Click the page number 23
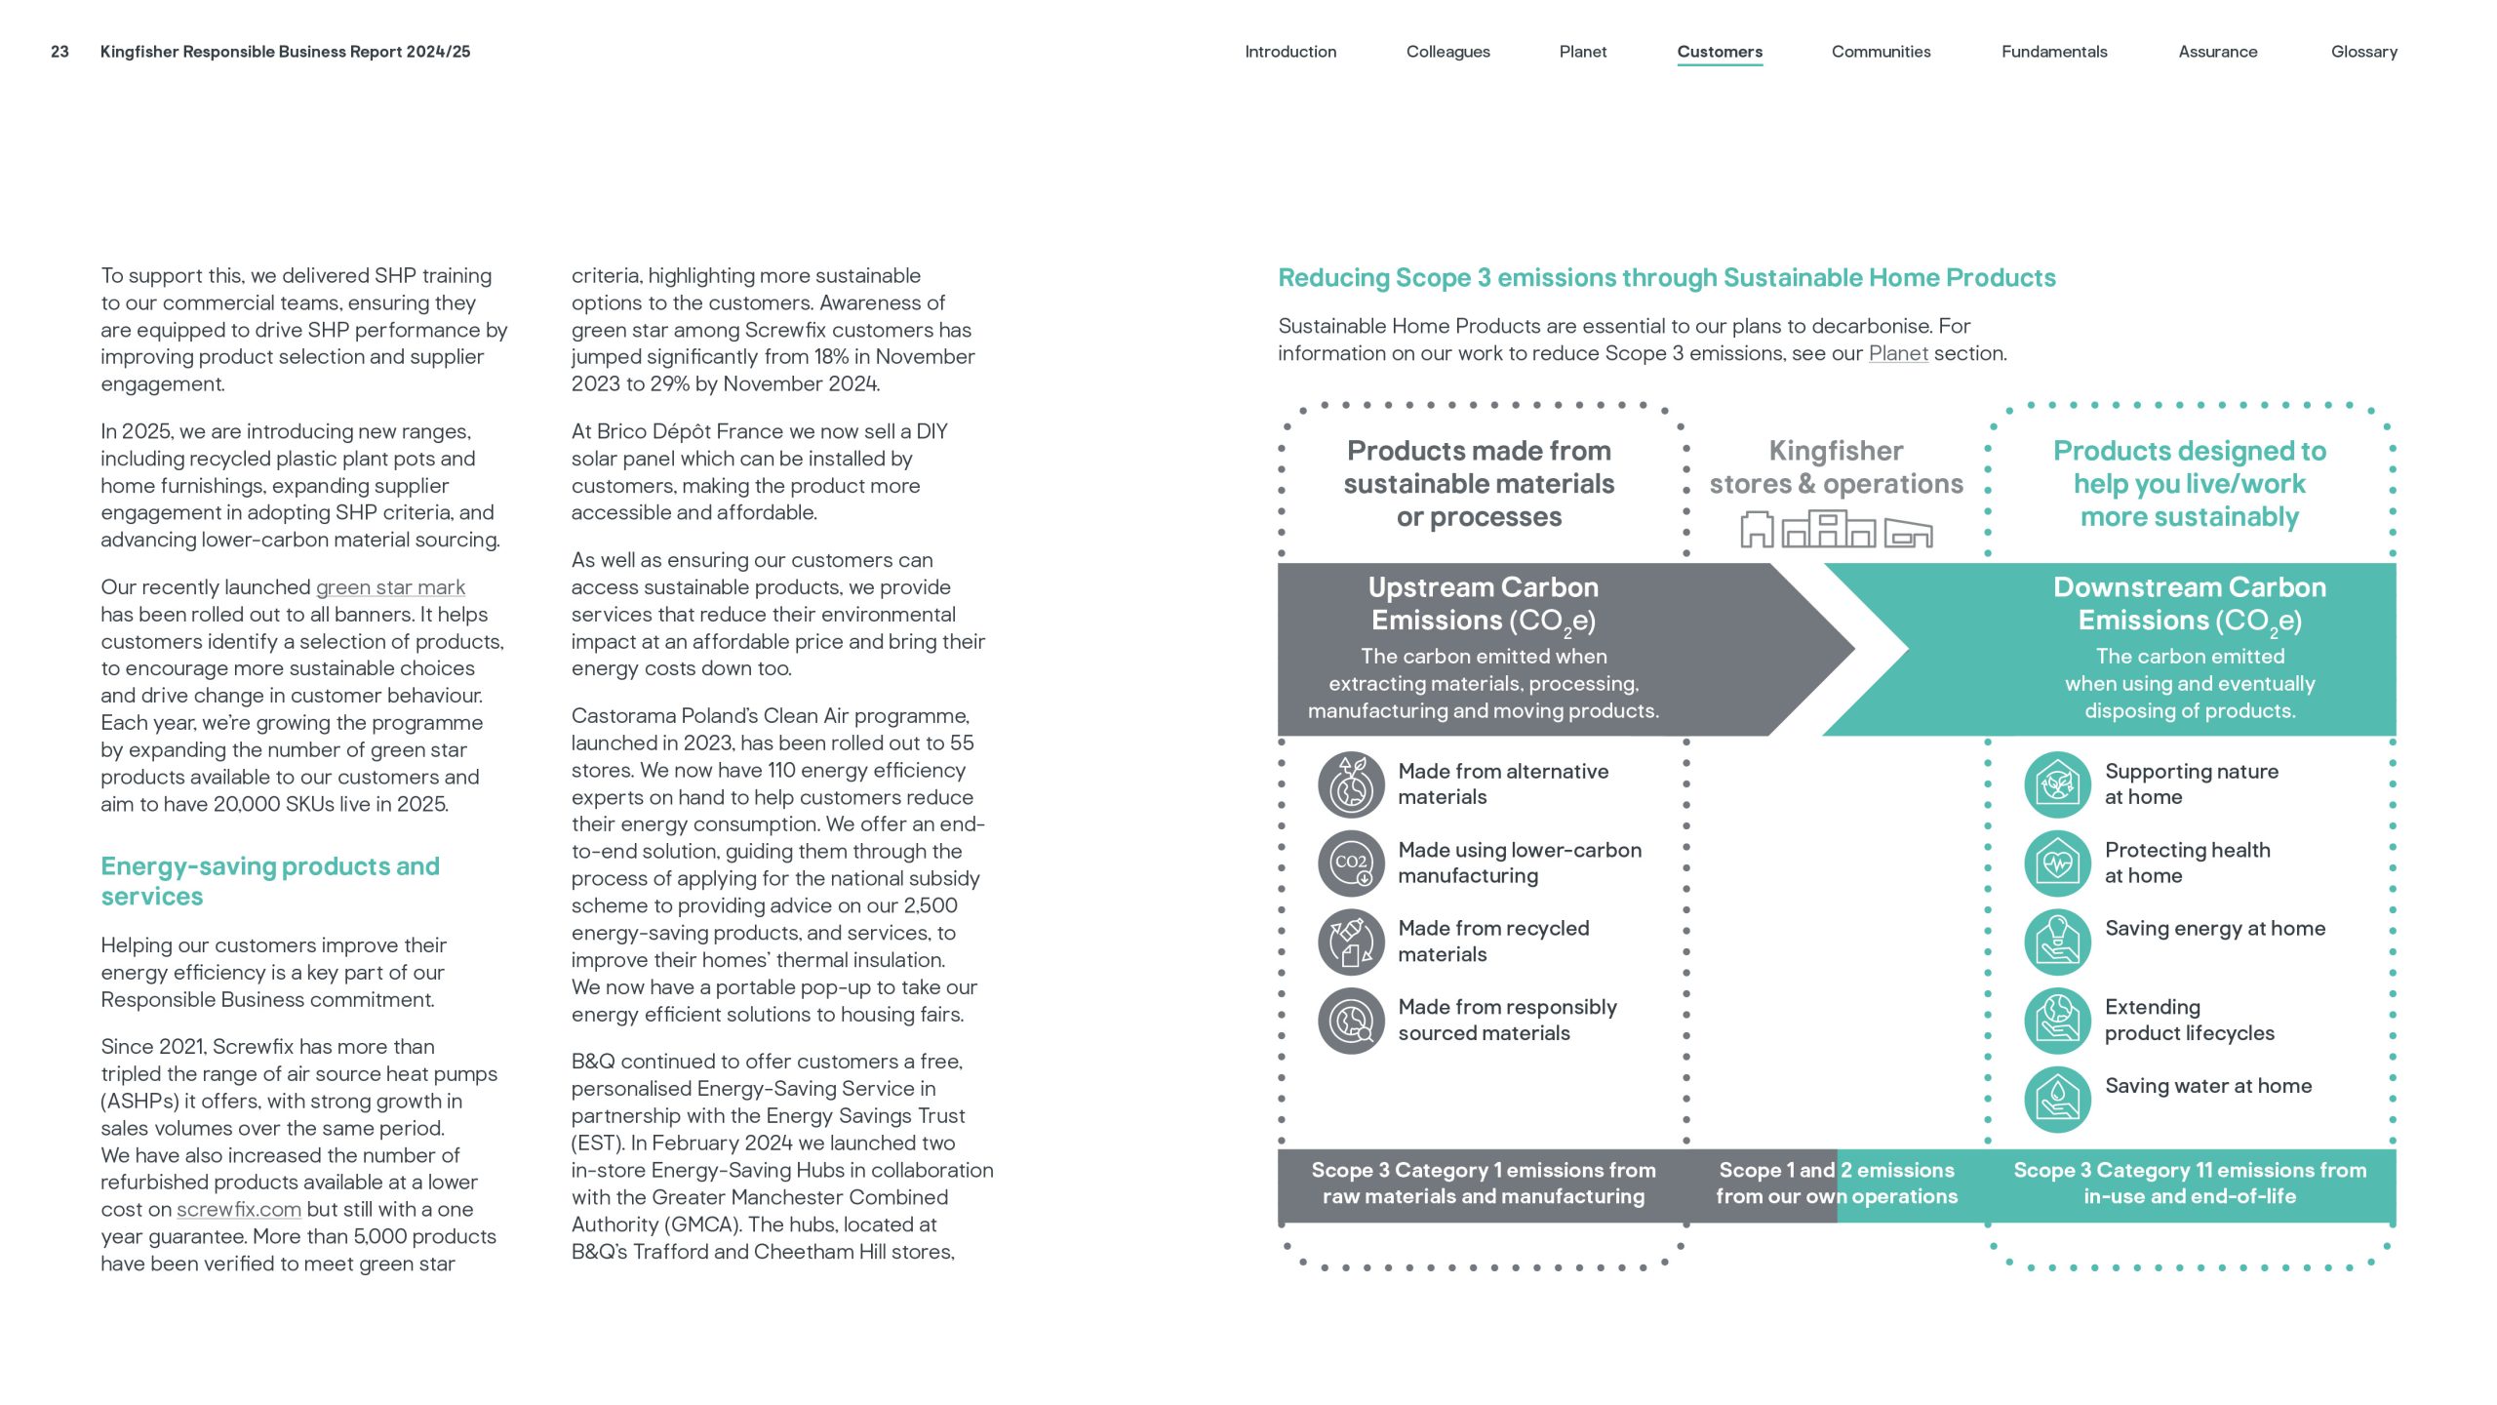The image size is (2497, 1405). (x=59, y=52)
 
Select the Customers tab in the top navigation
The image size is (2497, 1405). (x=1720, y=52)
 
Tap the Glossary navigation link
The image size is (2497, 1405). (x=2363, y=52)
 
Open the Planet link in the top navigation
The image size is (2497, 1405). (x=1582, y=52)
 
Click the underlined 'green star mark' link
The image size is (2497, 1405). (x=390, y=587)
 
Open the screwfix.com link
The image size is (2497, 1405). (x=239, y=1210)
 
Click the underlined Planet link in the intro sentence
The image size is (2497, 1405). (x=1897, y=354)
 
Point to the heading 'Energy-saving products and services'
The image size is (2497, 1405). (x=270, y=881)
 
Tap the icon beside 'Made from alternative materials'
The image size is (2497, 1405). (x=1351, y=784)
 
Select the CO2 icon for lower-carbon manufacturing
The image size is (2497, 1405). (x=1351, y=863)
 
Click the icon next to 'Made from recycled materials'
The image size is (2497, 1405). (x=1351, y=943)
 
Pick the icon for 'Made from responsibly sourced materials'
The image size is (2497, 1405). (x=1351, y=1021)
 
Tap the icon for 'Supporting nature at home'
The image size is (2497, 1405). (x=2057, y=784)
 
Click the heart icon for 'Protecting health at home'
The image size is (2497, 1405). (x=2057, y=863)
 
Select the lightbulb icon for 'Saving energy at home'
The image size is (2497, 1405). (x=2057, y=943)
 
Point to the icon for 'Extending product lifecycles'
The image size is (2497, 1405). (x=2057, y=1021)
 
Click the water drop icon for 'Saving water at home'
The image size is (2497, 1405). (x=2057, y=1100)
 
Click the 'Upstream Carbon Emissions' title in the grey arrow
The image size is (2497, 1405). (x=1483, y=604)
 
